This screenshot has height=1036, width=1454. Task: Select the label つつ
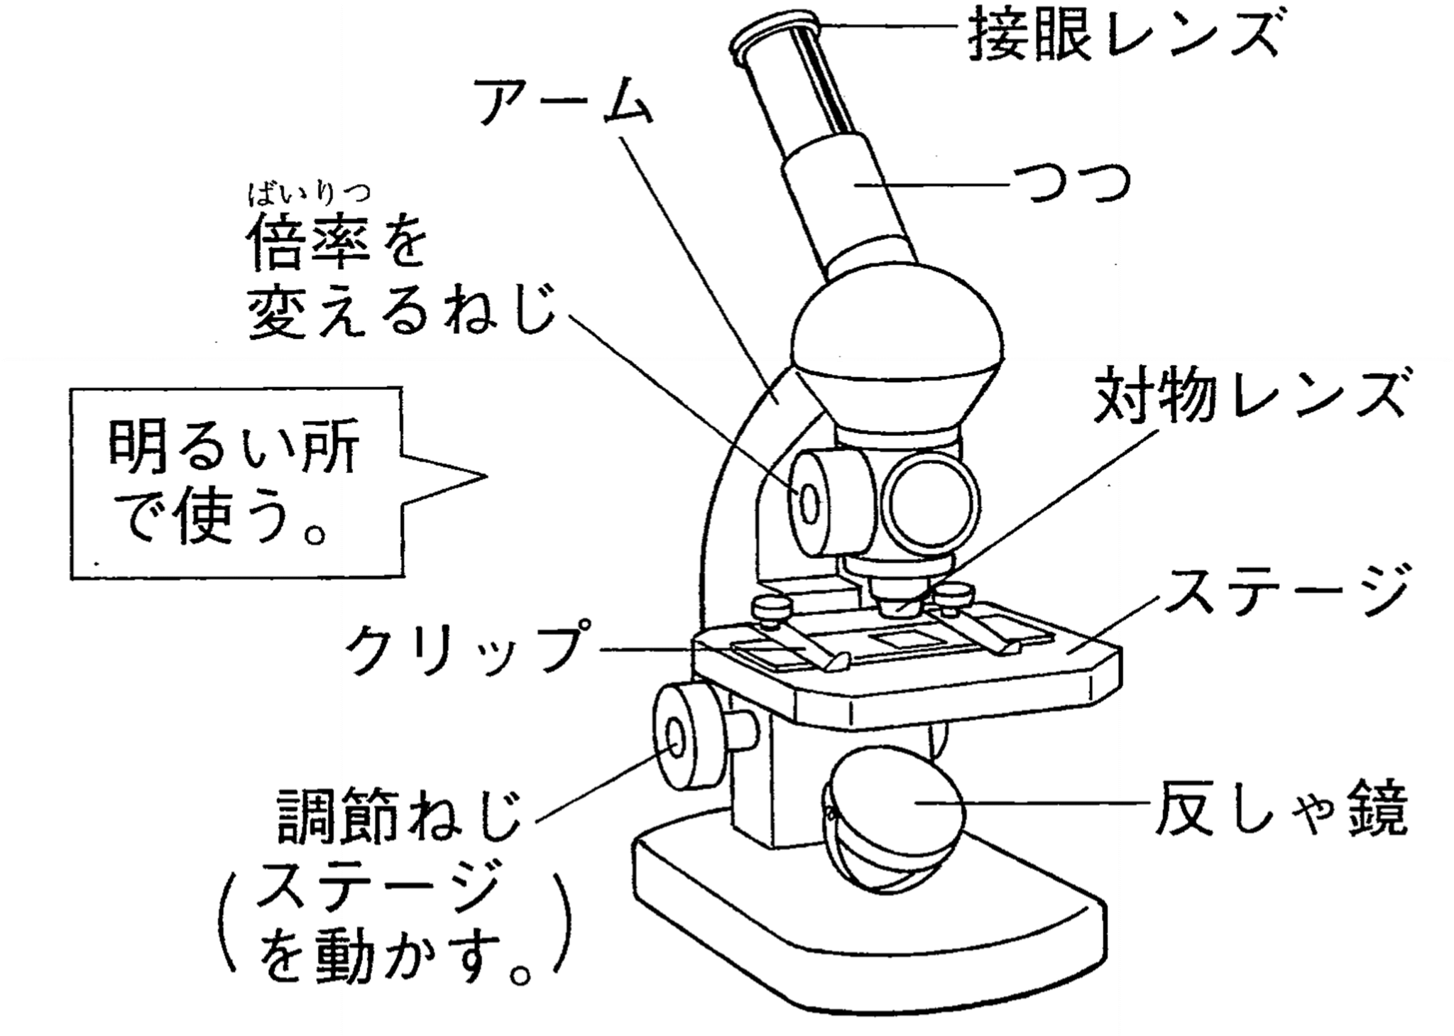[1072, 185]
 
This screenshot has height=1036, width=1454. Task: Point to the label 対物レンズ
[1250, 398]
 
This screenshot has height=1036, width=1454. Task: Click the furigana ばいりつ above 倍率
[310, 193]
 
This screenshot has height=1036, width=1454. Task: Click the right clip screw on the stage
[955, 594]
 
